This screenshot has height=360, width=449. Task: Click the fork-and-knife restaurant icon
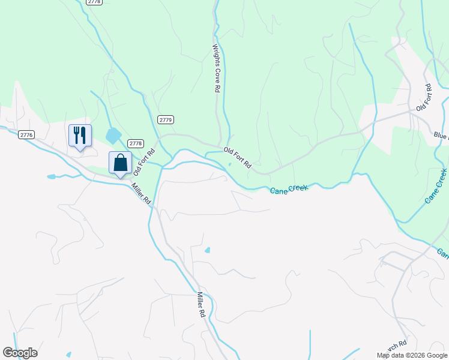[80, 135]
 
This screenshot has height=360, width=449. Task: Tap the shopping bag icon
[120, 163]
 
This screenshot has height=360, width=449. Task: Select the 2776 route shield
[26, 135]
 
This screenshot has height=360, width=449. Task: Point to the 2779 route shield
[166, 120]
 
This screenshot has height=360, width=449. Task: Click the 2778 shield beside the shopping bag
[136, 143]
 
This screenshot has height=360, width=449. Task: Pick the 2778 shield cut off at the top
[94, 2]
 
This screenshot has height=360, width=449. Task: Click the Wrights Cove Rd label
[215, 67]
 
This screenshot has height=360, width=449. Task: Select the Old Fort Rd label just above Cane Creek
[237, 157]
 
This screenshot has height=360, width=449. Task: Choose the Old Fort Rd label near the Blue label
[425, 97]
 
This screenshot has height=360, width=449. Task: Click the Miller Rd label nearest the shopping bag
[142, 193]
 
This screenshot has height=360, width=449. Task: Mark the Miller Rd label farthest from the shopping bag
[201, 305]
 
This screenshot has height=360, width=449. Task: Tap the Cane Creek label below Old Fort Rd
[289, 189]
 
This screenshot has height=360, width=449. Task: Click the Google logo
[20, 353]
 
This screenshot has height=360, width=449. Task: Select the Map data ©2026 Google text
[412, 355]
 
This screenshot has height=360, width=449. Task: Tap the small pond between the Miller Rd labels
[208, 250]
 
